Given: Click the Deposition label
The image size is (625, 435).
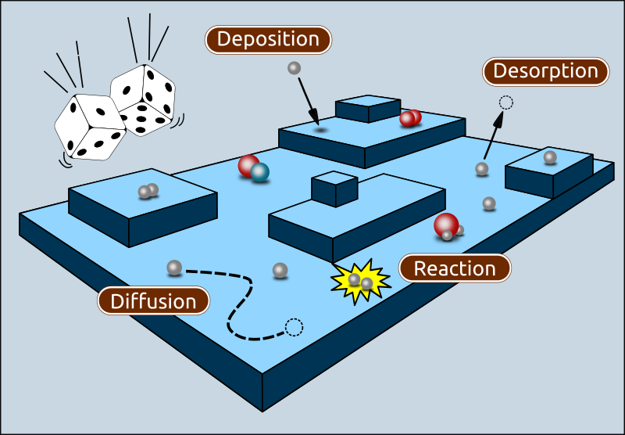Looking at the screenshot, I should [x=268, y=39].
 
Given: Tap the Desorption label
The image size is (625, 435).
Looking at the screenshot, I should [x=545, y=72].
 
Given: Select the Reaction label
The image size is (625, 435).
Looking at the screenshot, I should [x=455, y=268].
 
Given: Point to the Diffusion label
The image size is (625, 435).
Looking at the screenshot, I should [x=153, y=301].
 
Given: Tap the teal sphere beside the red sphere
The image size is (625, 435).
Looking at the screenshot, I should [x=259, y=172].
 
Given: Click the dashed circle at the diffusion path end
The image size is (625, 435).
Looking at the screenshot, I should [x=294, y=327].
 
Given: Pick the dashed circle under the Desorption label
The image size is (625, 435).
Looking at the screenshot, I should [x=505, y=101].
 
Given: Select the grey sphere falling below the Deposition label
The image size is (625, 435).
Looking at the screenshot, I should [x=294, y=68].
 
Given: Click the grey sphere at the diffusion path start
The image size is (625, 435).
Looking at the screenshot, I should [x=174, y=268].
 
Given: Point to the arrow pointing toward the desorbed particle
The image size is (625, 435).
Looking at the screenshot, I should [x=492, y=137].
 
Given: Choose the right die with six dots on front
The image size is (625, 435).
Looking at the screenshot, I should [x=144, y=102].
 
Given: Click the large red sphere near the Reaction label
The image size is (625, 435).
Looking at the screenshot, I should [x=446, y=225].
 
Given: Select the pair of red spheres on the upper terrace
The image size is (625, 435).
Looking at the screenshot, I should [x=410, y=118].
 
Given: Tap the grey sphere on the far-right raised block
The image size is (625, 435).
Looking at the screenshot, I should [x=550, y=157].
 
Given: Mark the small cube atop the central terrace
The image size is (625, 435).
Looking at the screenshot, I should [x=334, y=188].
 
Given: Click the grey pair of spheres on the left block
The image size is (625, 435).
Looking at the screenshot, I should [x=148, y=190].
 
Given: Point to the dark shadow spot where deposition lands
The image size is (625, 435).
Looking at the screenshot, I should [x=320, y=130].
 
